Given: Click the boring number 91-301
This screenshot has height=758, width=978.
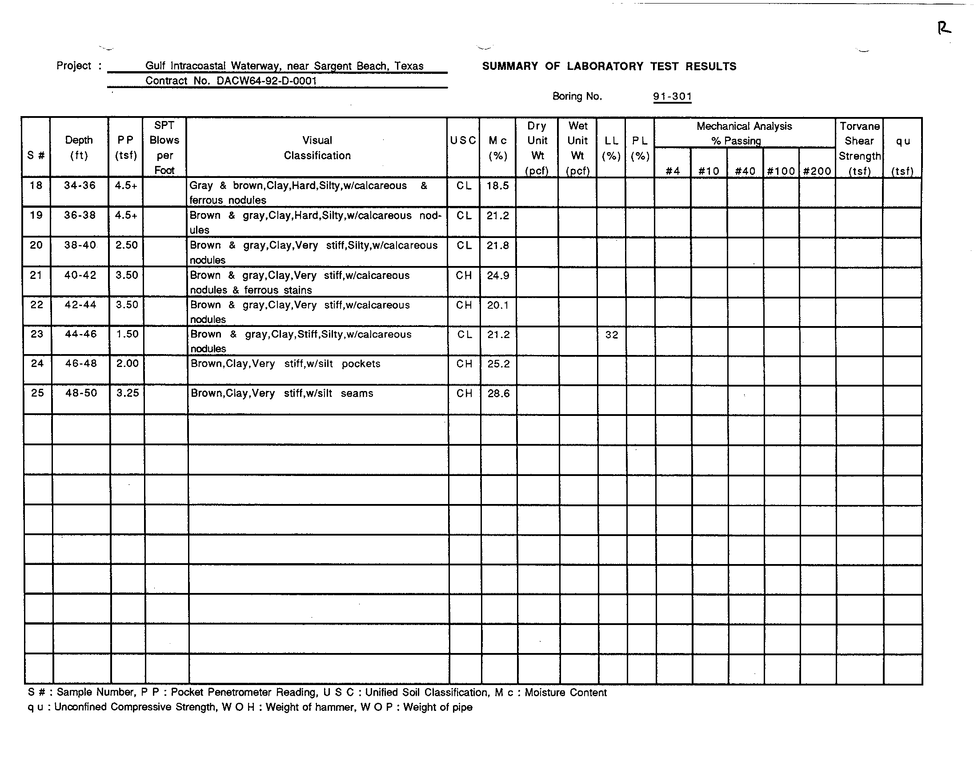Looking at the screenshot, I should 672,97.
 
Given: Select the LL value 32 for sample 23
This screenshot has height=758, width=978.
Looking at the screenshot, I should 611,335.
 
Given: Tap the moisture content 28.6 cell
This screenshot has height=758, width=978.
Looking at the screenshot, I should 498,393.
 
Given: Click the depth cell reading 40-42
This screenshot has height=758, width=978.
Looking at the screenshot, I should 80,275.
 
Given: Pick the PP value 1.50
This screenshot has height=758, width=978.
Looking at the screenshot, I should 127,334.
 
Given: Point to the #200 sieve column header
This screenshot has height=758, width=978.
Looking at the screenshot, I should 817,171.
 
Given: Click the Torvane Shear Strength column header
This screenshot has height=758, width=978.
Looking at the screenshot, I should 859,148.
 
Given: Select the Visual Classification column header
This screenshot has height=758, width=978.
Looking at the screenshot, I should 317,148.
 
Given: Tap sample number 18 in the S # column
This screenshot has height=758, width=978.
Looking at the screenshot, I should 36,185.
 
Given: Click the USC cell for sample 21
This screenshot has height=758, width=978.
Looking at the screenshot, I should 464,275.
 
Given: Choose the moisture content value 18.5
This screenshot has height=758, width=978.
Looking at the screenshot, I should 498,185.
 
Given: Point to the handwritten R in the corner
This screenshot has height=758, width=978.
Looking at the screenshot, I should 943,28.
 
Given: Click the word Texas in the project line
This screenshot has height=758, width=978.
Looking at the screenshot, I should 409,66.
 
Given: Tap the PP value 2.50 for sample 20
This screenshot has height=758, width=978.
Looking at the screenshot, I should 126,245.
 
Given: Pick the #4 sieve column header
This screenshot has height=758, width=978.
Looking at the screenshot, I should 673,171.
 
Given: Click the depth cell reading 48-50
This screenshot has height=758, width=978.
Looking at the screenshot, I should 81,393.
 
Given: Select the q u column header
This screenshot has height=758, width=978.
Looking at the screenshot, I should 903,148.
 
